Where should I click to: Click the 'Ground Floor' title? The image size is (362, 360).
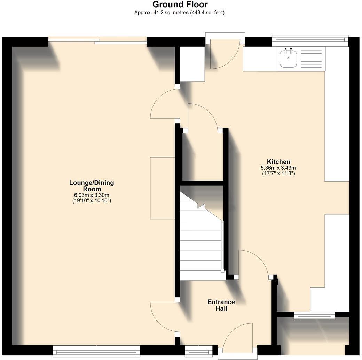(180, 5)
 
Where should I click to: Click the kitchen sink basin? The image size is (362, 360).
(288, 59)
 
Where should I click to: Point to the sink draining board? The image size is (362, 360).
(310, 59)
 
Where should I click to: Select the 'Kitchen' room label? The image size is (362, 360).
(278, 162)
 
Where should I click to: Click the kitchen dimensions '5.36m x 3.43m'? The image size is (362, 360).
(278, 168)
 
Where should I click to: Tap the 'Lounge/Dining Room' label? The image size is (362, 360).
(92, 186)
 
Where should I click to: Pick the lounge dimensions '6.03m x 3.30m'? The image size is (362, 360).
(92, 195)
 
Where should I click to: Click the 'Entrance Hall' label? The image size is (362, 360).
(221, 305)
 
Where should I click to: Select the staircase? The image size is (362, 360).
(201, 240)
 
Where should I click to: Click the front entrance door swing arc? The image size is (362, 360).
(237, 336)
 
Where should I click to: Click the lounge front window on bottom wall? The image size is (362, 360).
(96, 351)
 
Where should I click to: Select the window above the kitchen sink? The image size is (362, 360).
(310, 40)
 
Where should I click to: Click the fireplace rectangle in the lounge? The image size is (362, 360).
(162, 188)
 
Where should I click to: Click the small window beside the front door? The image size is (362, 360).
(198, 351)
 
